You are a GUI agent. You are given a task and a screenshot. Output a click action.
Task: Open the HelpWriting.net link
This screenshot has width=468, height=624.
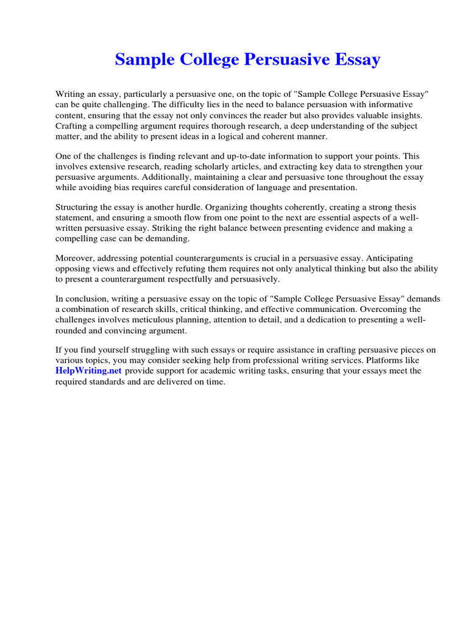[x=89, y=370]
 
